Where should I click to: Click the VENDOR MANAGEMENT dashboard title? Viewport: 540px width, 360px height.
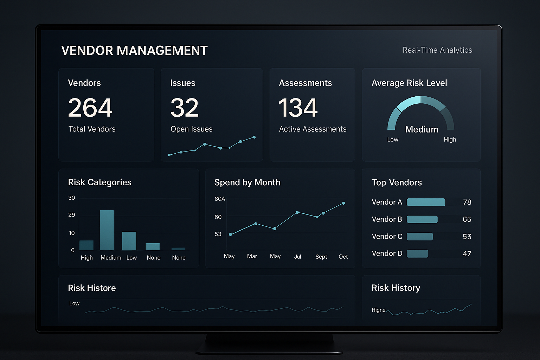tap(134, 51)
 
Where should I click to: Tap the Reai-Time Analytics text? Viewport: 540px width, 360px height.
tap(437, 50)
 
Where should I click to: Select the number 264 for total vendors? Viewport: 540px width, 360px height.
tap(90, 108)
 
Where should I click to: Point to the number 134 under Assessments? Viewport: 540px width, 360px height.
tap(298, 108)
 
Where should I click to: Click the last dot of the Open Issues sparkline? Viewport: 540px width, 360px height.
tap(254, 137)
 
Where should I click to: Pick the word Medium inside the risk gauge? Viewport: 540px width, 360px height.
tap(422, 129)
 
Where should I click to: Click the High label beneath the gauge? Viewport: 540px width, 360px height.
tap(450, 140)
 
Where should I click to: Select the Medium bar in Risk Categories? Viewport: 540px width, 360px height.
tap(107, 230)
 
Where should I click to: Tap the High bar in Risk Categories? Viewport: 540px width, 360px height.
tap(86, 245)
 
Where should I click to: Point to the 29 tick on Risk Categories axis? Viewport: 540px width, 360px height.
tap(72, 215)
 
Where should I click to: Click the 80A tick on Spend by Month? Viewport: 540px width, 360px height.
tap(220, 199)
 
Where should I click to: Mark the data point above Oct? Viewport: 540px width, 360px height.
tap(343, 203)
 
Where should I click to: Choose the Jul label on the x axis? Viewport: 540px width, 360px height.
tap(297, 257)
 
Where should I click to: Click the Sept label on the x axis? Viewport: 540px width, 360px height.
tap(321, 257)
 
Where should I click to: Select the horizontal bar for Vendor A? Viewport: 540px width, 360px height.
tap(426, 202)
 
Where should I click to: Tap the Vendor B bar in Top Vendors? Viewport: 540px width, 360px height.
tap(422, 219)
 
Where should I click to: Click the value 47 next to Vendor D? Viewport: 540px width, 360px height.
tap(467, 253)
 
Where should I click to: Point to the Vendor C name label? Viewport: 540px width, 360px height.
tap(387, 237)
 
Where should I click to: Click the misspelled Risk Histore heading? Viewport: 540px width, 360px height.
tap(92, 288)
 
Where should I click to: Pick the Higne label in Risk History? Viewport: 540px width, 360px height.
tap(378, 310)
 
